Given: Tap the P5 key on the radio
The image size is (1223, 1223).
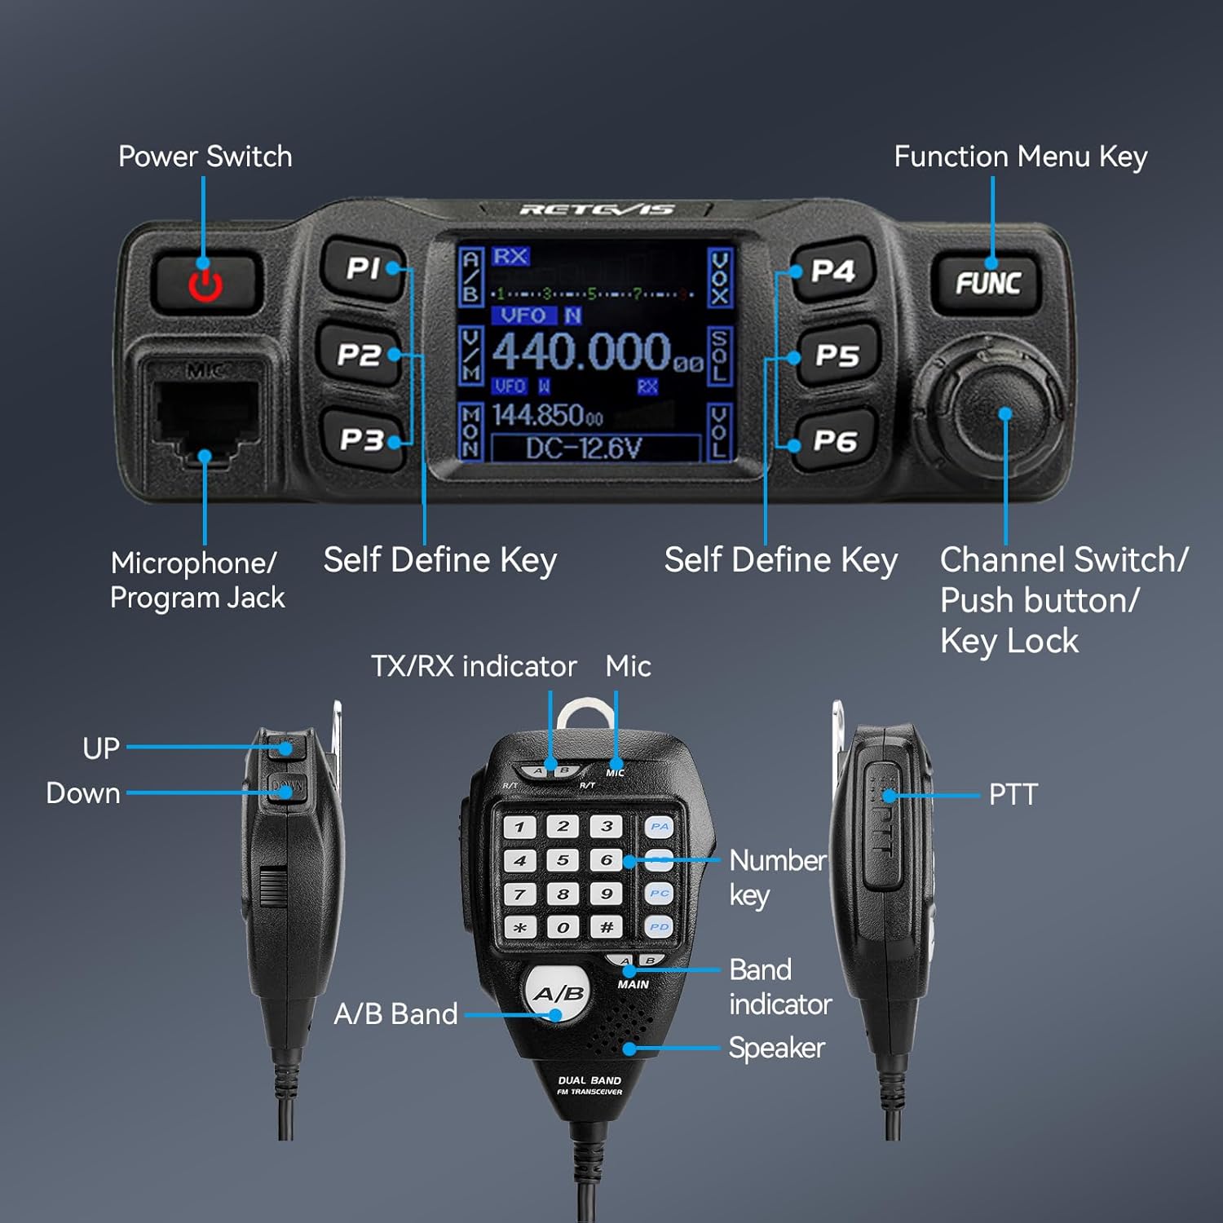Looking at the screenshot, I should point(837,355).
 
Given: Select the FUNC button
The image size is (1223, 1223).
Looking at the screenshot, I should point(987,283).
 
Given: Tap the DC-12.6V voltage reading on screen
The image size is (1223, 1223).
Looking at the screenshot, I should point(584,448).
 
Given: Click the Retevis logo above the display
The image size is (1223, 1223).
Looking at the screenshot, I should point(597,210).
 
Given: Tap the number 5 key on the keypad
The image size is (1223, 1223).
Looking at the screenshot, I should point(563,860).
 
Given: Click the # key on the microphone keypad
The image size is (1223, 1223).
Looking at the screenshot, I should point(607,927).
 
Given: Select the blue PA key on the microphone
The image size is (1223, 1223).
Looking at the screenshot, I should point(659,827).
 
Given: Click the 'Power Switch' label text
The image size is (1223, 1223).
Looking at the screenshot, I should point(205,157).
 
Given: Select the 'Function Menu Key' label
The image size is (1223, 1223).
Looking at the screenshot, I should point(1020,157).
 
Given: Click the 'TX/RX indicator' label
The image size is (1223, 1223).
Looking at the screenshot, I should point(474,667).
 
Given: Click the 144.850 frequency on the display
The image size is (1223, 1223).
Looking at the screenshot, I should point(547,416).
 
